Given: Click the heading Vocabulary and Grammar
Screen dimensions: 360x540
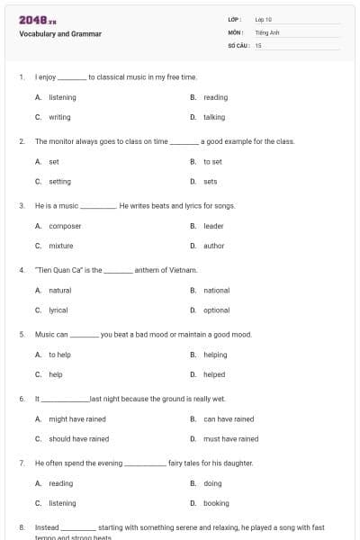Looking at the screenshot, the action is pos(60,34).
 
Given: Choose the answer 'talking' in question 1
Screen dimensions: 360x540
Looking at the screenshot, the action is pos(214,117).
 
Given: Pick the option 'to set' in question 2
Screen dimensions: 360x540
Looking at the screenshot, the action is pos(212,161).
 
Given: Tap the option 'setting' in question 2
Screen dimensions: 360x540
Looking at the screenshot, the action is pos(59,181).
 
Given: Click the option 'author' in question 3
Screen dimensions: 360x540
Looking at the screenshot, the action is pos(213,246).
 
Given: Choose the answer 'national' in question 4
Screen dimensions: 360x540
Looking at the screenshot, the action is pos(216,290).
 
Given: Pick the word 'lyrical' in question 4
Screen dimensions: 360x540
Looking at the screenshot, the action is pos(58,310).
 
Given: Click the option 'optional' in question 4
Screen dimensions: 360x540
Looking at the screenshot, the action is pos(216,310).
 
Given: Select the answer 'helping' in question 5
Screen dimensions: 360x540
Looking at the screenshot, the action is pos(215,355).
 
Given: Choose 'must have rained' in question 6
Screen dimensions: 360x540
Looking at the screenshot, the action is pos(230,438).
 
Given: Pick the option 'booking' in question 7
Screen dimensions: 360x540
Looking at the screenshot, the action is pos(216,503).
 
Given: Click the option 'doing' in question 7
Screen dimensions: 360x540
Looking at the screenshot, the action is pos(212,483).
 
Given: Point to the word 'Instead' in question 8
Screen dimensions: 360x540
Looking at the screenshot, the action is pos(47,527).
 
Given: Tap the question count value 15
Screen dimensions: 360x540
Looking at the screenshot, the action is pos(258,45).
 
